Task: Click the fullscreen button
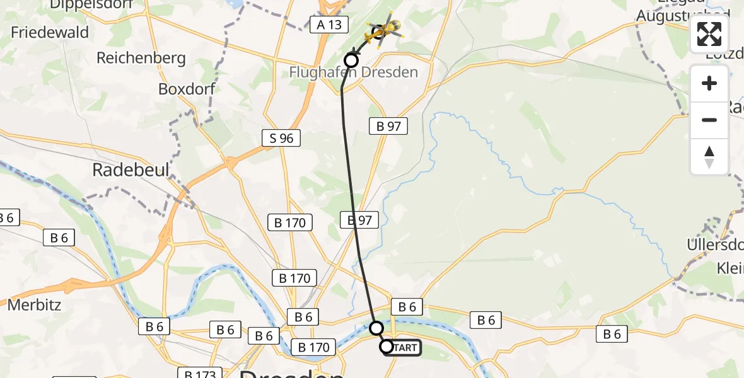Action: tap(709, 34)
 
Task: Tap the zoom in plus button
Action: tap(709, 84)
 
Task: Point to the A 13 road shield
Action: tap(329, 25)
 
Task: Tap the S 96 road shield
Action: tap(281, 138)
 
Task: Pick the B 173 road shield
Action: tap(200, 374)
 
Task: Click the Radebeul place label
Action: tap(122, 169)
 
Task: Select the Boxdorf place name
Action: tap(187, 88)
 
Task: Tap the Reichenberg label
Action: tap(141, 59)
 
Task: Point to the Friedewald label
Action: tap(50, 32)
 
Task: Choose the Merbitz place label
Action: tap(35, 306)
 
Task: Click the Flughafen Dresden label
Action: tap(353, 72)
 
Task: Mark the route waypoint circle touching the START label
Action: tap(386, 346)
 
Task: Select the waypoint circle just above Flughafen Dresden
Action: tap(351, 60)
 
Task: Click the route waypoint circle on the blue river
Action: tap(376, 328)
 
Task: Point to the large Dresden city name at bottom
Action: tap(291, 373)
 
